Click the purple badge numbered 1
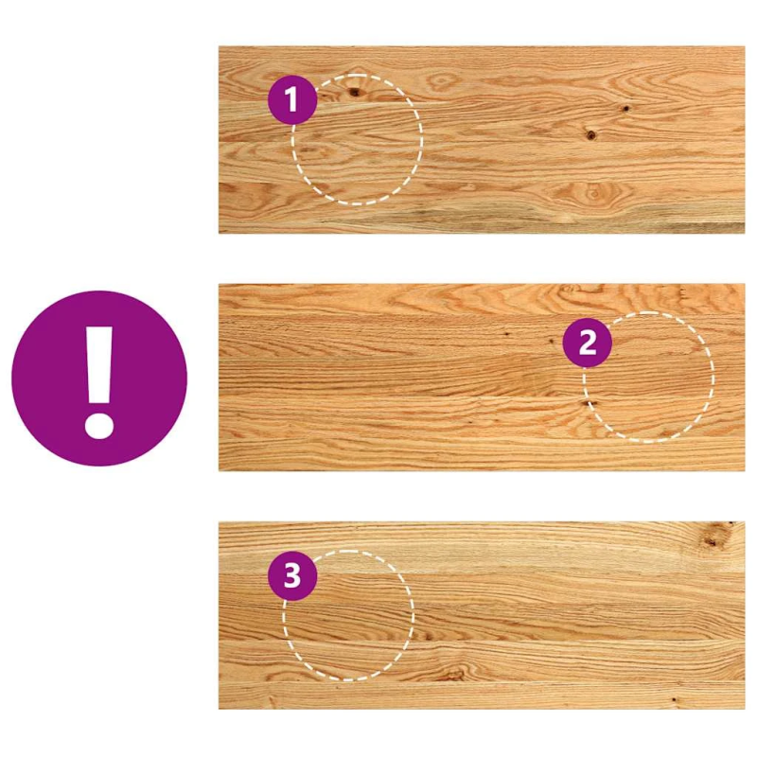292,99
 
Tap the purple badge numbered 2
587,343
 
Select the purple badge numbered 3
292,576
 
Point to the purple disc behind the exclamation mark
99,378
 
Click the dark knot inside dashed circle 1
355,91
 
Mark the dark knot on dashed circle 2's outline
588,403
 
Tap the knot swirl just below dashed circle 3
453,674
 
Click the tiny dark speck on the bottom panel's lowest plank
674,698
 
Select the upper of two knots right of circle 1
625,108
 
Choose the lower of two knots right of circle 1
590,134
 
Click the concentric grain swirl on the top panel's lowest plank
593,193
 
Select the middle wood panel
482,377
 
